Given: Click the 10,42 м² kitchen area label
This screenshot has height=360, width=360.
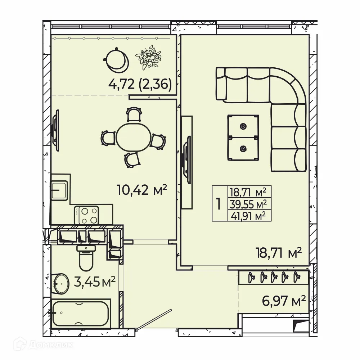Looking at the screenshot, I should [x=142, y=189].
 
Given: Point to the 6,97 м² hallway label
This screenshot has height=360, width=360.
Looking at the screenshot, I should [x=283, y=300].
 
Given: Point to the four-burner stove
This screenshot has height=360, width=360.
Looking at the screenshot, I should [x=87, y=215].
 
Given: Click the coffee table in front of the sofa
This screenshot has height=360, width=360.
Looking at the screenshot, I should [x=243, y=137].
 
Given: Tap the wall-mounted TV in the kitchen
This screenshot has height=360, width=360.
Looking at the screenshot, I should [x=55, y=128].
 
